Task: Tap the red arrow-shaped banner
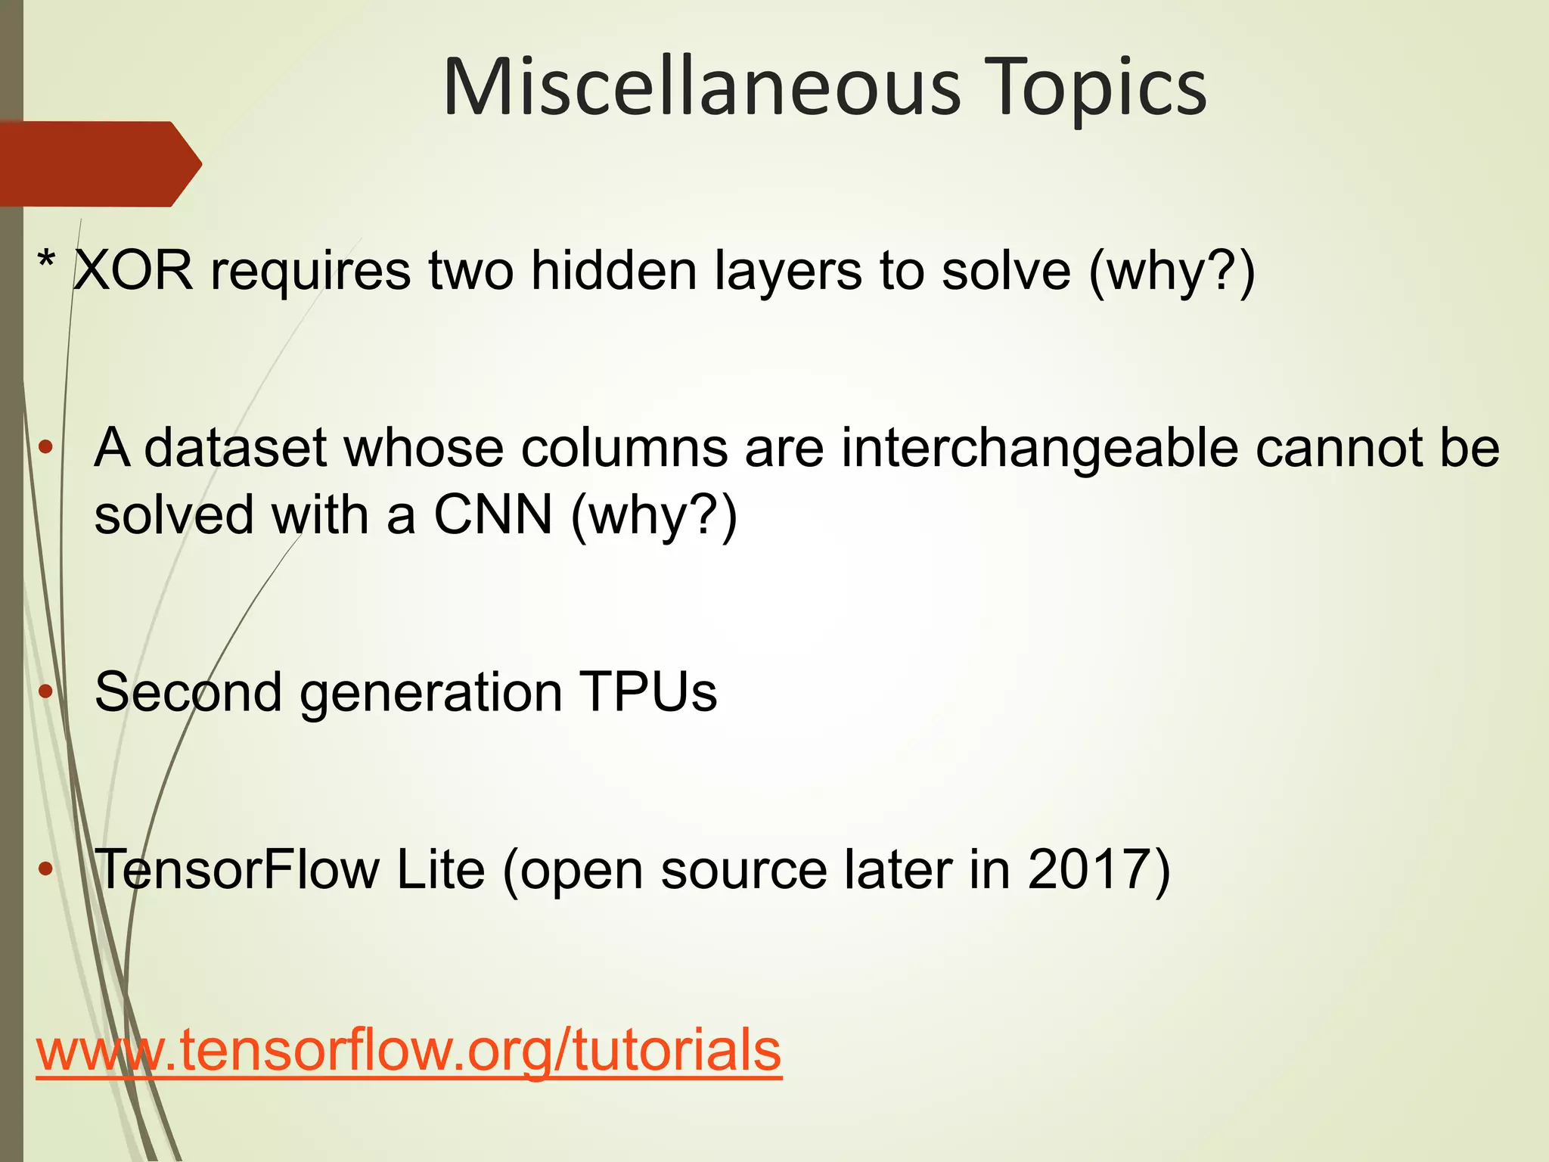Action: pos(98,163)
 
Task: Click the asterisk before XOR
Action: pos(47,265)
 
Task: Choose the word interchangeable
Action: pos(1039,448)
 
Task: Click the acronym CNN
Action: pos(492,515)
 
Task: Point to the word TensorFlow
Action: pos(237,869)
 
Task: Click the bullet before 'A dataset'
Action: pos(46,447)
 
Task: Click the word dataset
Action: pos(235,448)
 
